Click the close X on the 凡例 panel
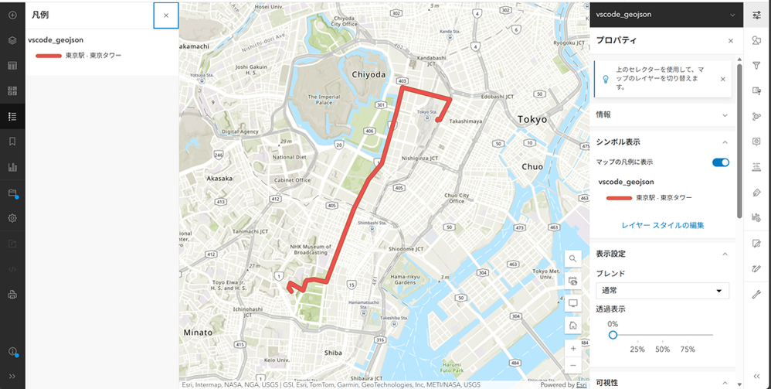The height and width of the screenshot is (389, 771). point(166,15)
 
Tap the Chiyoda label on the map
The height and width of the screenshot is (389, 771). point(368,74)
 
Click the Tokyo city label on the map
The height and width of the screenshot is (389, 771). point(532,120)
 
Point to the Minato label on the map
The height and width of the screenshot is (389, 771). point(199,332)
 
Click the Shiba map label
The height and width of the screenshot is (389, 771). point(333,352)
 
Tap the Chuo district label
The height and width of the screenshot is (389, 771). point(532,166)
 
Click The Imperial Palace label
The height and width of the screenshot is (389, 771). point(324,99)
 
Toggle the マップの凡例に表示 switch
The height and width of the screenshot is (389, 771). point(720,162)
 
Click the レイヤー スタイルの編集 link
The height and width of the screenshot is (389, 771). point(662,225)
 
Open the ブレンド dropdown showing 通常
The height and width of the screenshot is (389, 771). point(662,291)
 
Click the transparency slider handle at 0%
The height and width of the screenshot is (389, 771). point(613,335)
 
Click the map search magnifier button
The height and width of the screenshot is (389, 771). point(573,258)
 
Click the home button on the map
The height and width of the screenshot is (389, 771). point(573,326)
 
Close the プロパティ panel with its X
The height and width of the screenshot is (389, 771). point(731,41)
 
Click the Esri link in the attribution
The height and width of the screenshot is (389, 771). point(581,384)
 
